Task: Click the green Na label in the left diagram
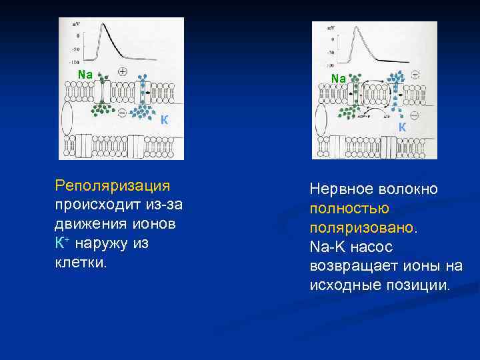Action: pyautogui.click(x=85, y=74)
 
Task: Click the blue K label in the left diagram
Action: pyautogui.click(x=163, y=120)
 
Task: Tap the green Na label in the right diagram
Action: pyautogui.click(x=339, y=79)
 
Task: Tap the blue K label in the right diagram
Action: pyautogui.click(x=403, y=127)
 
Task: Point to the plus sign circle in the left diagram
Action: pyautogui.click(x=123, y=71)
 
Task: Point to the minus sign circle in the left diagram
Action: pyautogui.click(x=121, y=112)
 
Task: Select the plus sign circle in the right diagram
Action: pyautogui.click(x=415, y=76)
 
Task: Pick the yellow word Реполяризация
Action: pyautogui.click(x=113, y=185)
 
